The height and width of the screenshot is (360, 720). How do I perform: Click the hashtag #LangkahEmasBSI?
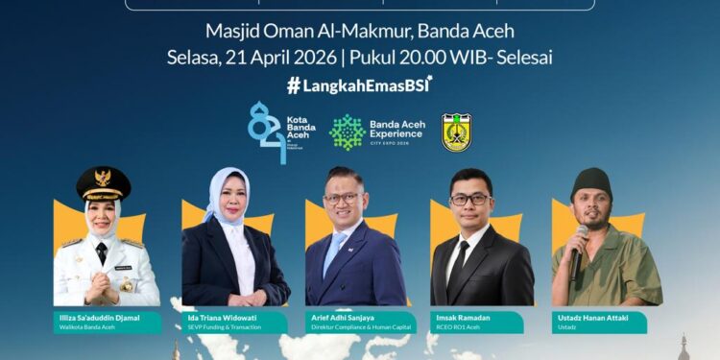pos(360,84)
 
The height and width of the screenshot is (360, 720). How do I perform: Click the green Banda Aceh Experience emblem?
pos(348,132)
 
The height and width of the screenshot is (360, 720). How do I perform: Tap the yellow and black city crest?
pos(456,132)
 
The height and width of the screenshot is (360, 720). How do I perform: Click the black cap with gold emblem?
pos(104,182)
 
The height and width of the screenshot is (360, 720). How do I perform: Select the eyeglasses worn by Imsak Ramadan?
pos(470,200)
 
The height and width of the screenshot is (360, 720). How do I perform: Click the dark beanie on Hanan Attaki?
pos(592,180)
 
